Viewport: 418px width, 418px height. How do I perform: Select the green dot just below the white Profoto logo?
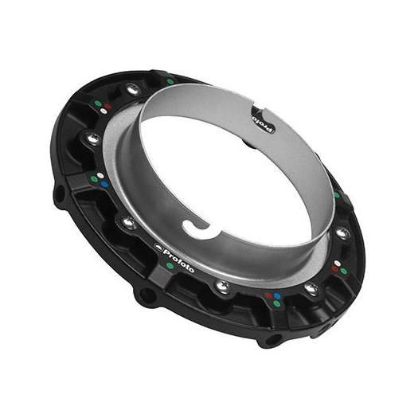(170, 265)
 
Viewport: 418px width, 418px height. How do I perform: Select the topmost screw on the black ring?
(133, 90)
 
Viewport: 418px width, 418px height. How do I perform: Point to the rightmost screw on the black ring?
(342, 233)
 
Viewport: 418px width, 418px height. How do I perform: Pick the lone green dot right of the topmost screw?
(170, 80)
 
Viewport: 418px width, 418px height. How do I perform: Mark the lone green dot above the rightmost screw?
(336, 194)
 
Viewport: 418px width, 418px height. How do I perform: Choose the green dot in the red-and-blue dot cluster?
(276, 303)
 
